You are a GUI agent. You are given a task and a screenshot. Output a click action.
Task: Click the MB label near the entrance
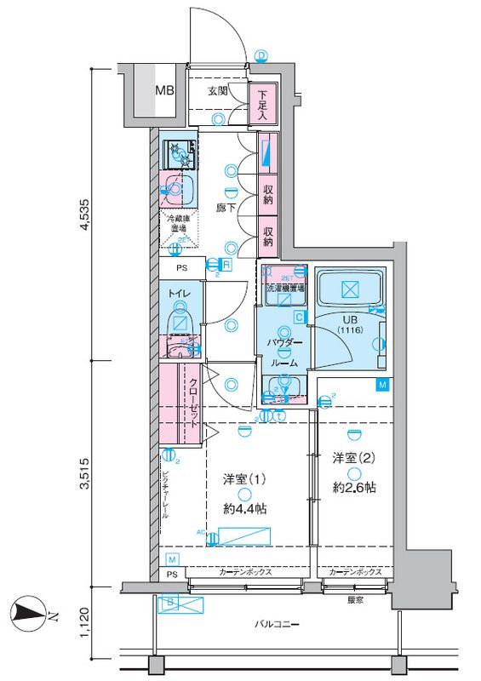pos(164,88)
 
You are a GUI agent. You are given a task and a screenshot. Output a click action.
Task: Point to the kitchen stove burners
pos(180,153)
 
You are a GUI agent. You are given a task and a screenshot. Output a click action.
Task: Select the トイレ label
pos(179,295)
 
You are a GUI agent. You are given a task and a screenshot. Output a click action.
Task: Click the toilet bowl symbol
pos(180,323)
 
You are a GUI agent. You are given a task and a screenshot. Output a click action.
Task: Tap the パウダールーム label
pos(283,352)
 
